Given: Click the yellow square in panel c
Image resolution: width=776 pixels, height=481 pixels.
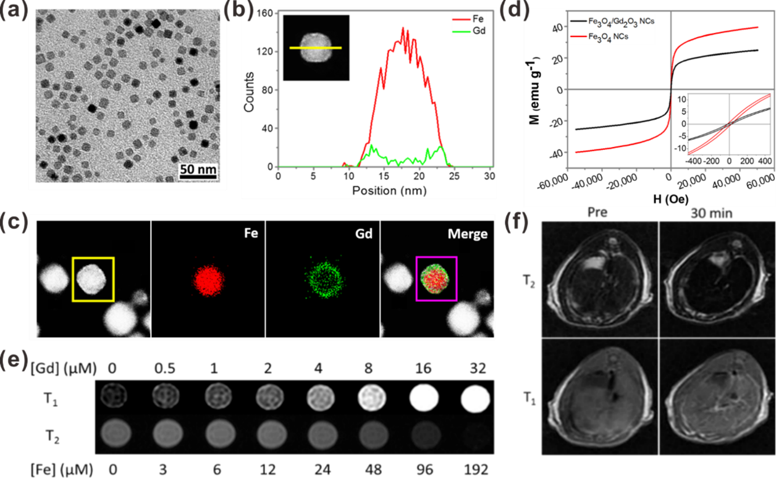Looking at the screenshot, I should click(93, 279).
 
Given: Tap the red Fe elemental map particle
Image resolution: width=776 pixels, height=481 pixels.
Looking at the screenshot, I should click(208, 279).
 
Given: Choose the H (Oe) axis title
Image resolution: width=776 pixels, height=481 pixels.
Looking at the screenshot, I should click(651, 199).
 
